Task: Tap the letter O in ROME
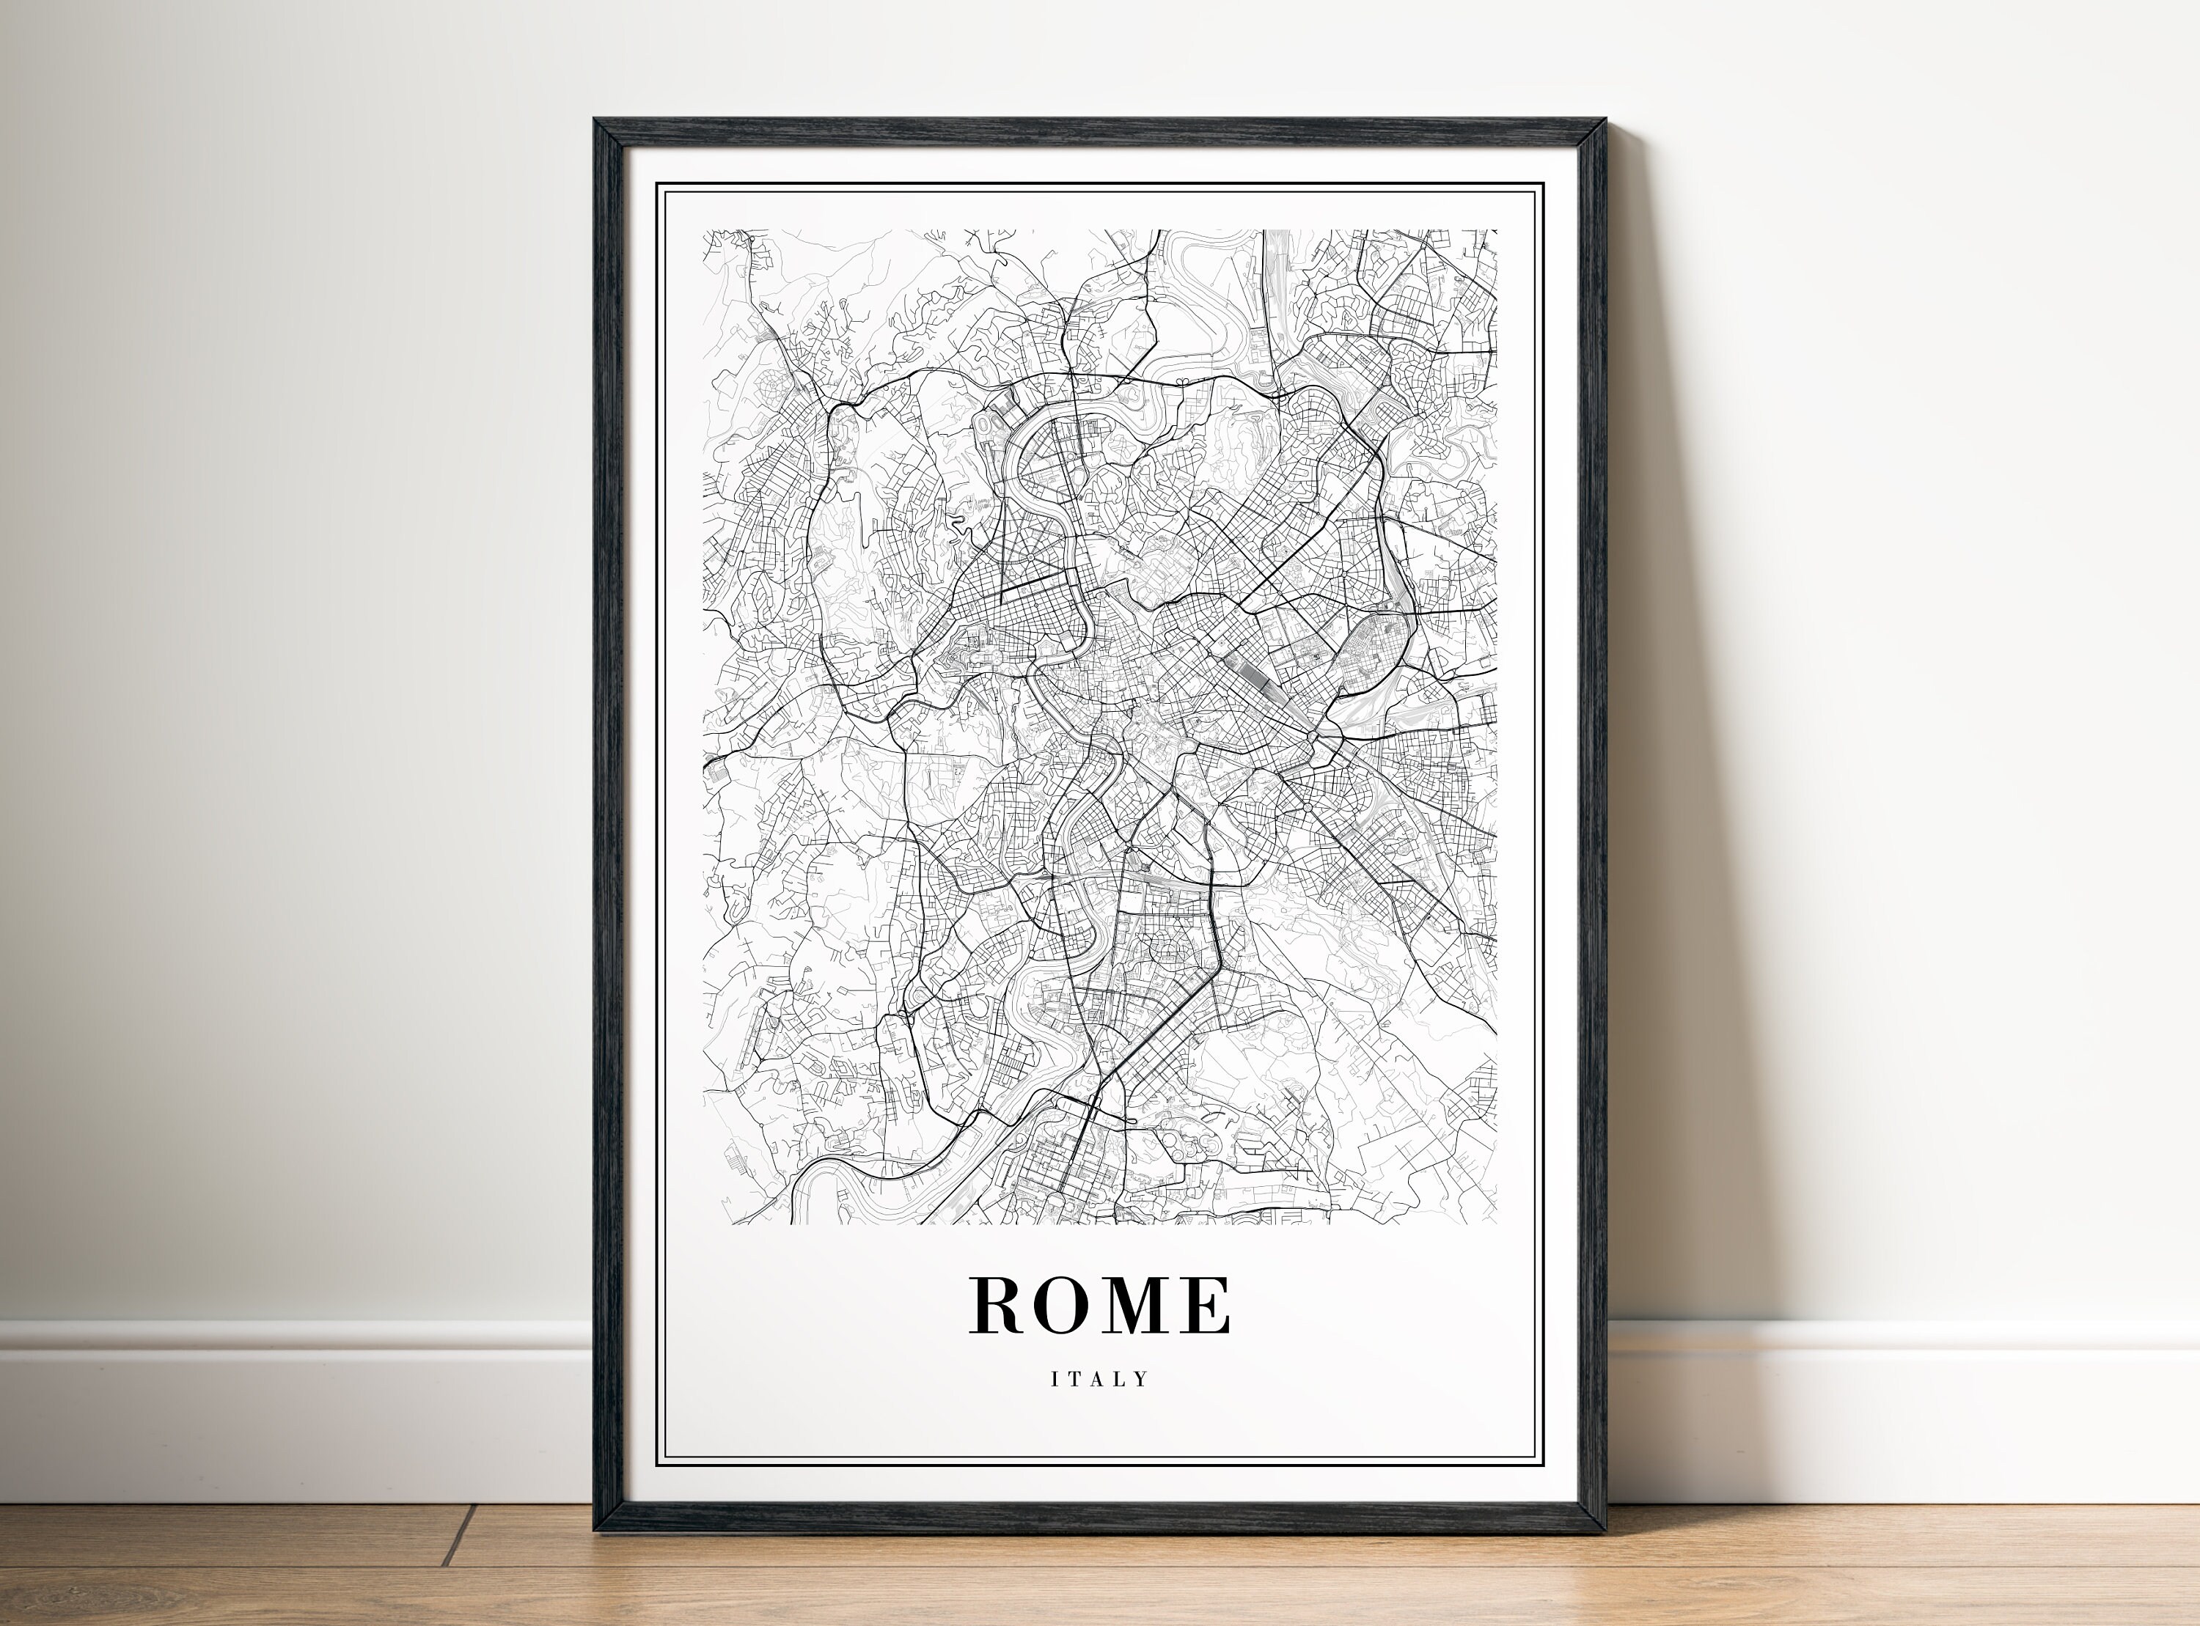tap(1066, 1306)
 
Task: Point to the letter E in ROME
tap(1208, 1306)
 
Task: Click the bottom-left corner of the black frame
tap(595, 1532)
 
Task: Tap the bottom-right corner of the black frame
tap(1605, 1532)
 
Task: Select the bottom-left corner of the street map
tap(704, 1224)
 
